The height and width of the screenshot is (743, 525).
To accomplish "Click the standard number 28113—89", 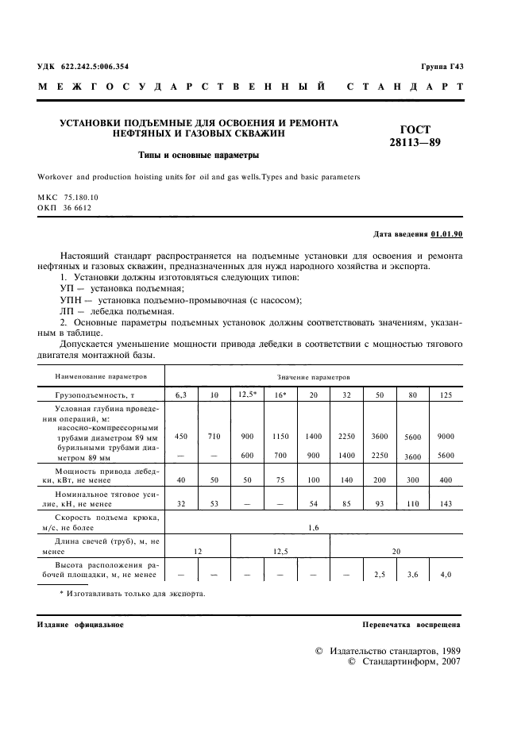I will click(426, 143).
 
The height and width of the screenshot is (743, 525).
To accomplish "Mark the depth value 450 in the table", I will click(181, 437).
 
